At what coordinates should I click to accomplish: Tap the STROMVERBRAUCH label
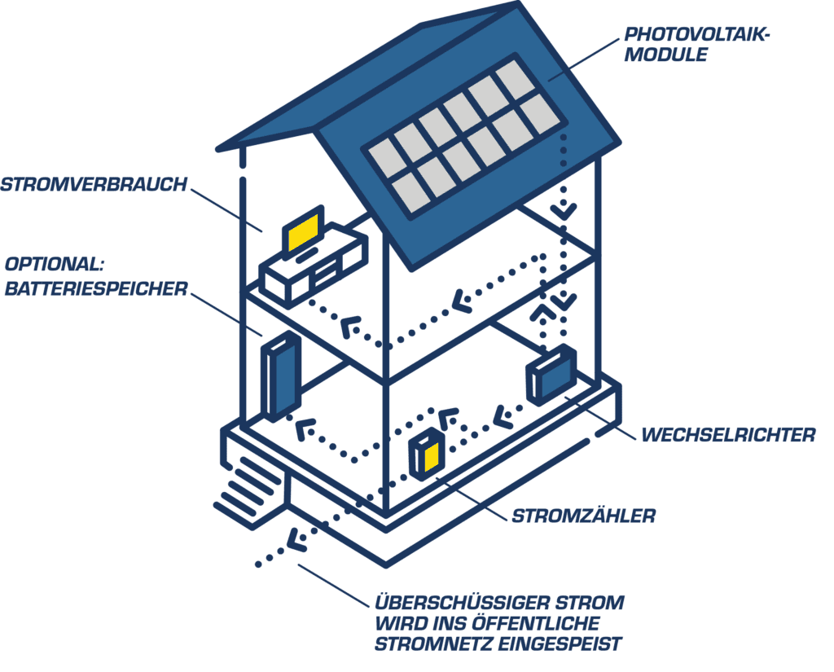(94, 184)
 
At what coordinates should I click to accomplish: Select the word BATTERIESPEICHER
(96, 288)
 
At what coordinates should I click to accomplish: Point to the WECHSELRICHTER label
(727, 435)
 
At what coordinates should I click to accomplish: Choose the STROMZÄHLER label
(583, 516)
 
